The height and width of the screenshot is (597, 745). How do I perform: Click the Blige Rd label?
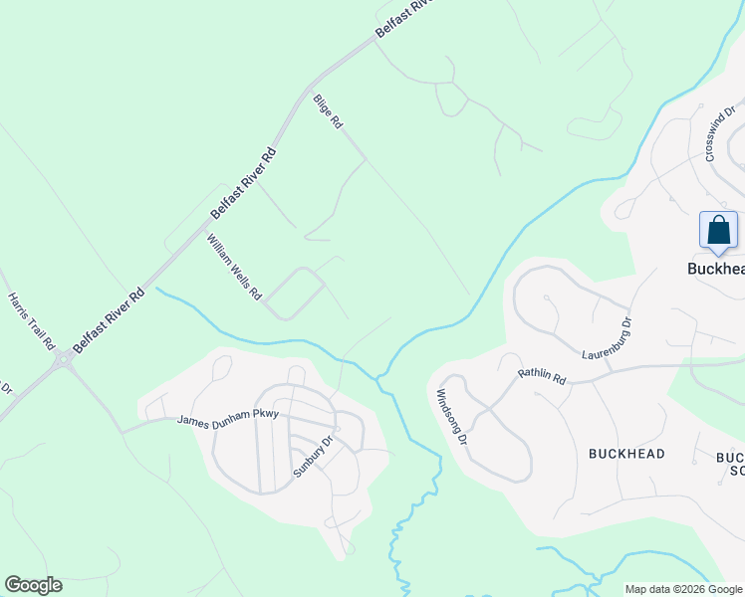point(328,111)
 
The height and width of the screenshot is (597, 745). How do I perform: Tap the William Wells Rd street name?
point(234,268)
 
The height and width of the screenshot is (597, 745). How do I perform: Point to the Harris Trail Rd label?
point(31,320)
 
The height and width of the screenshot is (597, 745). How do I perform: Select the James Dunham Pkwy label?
point(227,419)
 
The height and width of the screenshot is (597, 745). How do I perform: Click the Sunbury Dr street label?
point(313,457)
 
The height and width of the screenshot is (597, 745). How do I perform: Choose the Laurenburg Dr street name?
point(608,339)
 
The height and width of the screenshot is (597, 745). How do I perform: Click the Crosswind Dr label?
point(719,135)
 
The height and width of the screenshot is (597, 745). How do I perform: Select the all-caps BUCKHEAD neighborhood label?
point(626,454)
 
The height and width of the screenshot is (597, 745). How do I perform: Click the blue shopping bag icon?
point(718,232)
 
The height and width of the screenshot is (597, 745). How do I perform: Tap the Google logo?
point(33,585)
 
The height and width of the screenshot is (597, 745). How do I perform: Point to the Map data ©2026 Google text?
point(682,589)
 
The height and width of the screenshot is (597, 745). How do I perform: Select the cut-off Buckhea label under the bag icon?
point(717,269)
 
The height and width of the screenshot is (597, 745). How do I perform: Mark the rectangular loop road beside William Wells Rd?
point(294,294)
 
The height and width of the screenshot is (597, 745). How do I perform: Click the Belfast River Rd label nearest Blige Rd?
point(243,184)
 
